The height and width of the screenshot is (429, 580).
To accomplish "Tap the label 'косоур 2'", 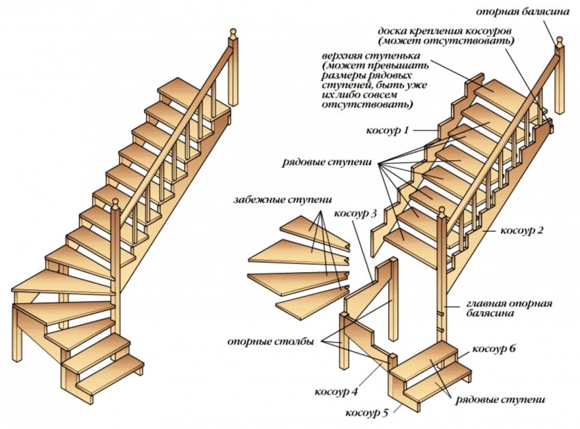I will pyautogui.click(x=522, y=230).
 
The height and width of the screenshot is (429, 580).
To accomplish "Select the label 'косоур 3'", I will pyautogui.click(x=356, y=213).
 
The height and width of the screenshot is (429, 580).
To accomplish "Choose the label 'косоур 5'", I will pyautogui.click(x=367, y=413).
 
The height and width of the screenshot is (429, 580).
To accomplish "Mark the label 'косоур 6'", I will pyautogui.click(x=495, y=349).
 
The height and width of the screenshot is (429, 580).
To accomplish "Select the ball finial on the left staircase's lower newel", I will pyautogui.click(x=115, y=203).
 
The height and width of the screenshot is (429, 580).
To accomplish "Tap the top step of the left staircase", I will pyautogui.click(x=179, y=89).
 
